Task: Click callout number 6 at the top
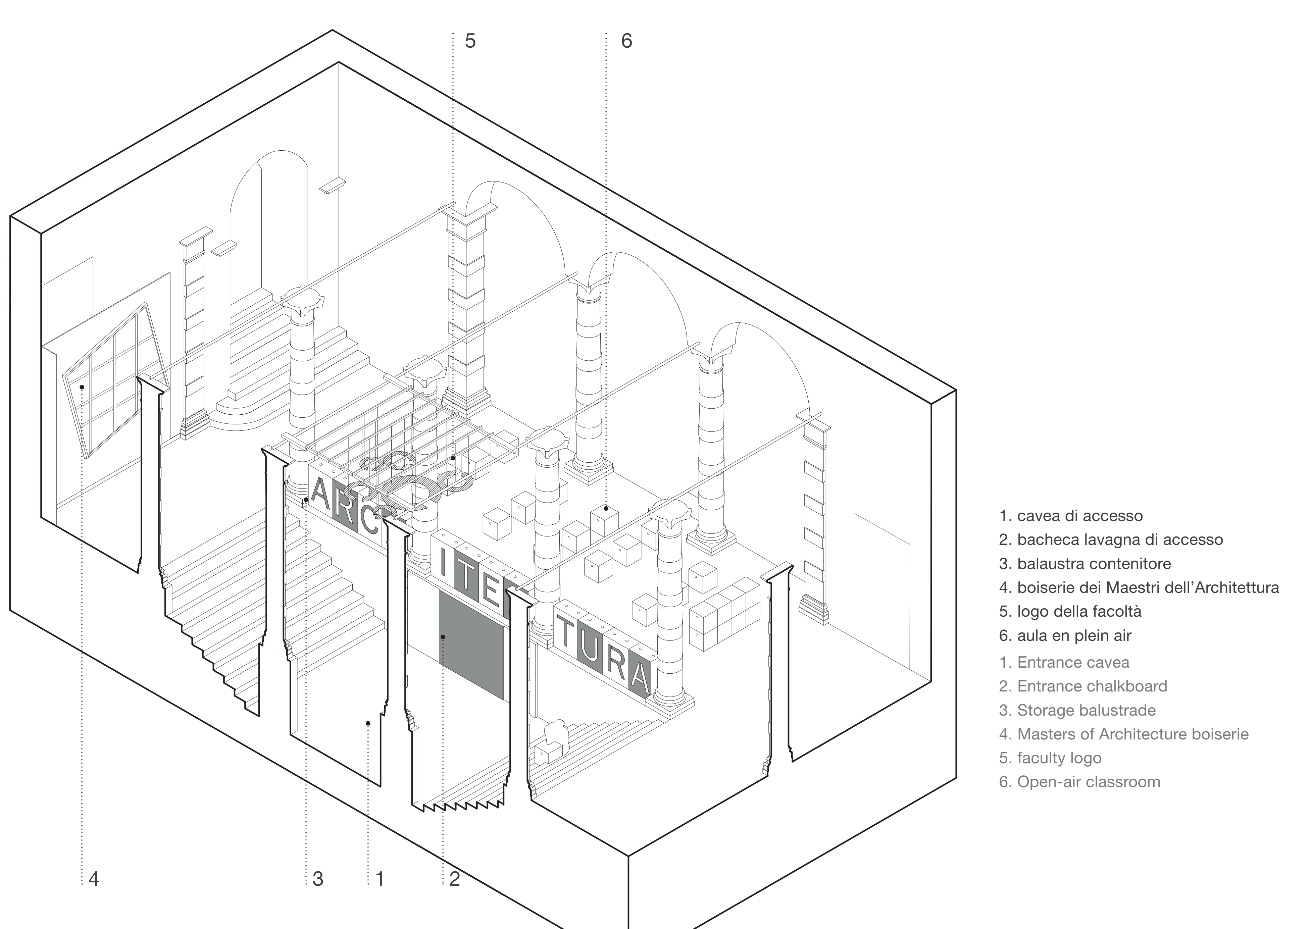coord(626,41)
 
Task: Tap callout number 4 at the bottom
coord(94,879)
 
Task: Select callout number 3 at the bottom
coord(318,879)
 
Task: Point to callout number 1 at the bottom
coord(380,879)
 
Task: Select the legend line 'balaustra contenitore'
coord(1085,564)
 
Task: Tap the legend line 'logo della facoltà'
coord(1070,612)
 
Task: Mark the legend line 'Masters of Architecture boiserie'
coord(1124,734)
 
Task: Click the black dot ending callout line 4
coord(82,387)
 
